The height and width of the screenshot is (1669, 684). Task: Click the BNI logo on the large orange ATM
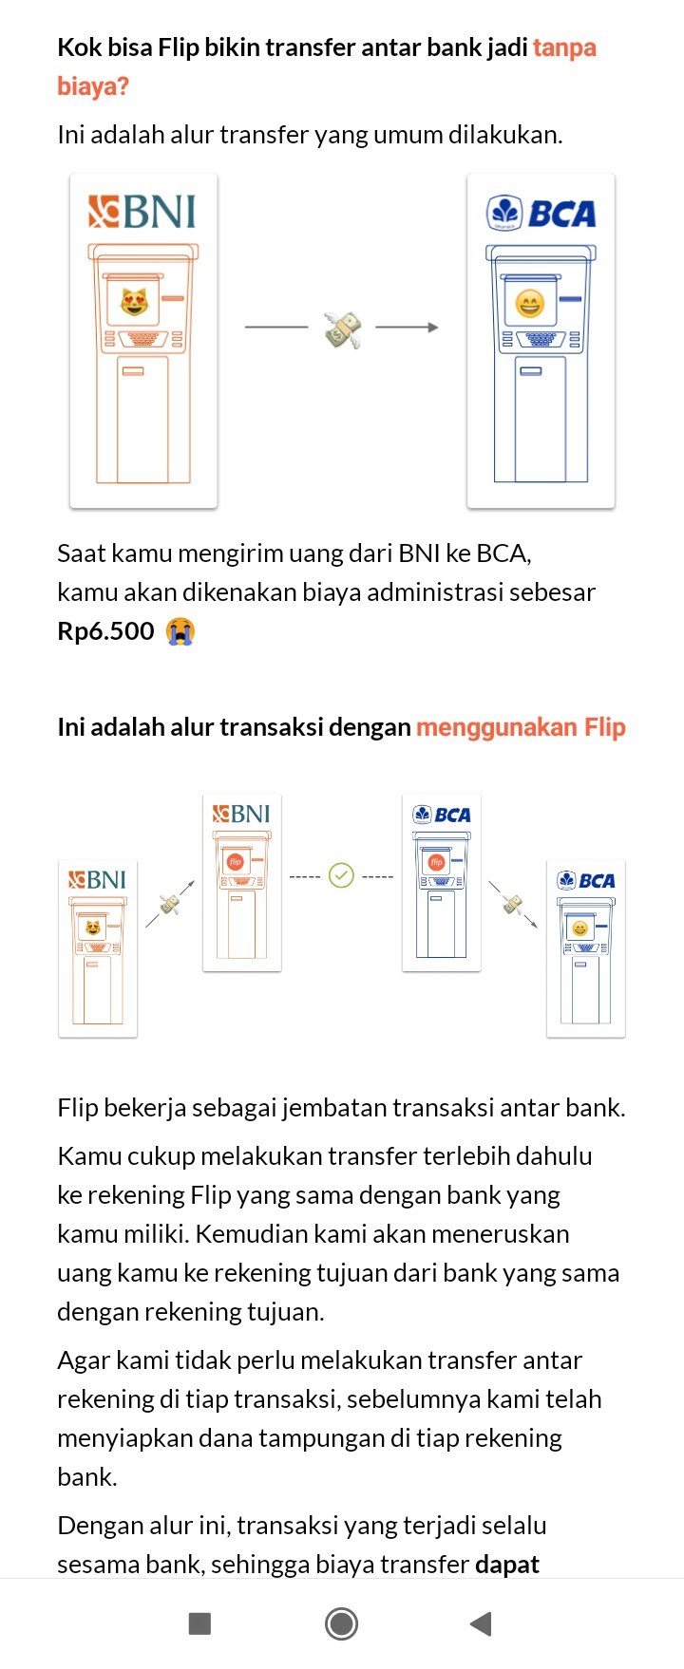142,212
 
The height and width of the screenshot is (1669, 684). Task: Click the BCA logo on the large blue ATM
541,213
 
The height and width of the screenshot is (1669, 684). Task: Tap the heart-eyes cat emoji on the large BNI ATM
135,302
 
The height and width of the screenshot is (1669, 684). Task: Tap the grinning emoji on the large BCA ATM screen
530,303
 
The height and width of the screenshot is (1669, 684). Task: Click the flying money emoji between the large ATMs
343,328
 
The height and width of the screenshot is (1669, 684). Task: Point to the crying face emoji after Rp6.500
180,631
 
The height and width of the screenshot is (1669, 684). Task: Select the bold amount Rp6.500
105,631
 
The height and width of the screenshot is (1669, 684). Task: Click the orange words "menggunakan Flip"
521,727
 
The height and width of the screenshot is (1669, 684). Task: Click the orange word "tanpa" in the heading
564,47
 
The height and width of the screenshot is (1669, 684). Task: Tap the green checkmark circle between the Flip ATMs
341,875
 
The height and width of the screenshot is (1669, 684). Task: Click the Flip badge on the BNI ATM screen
235,862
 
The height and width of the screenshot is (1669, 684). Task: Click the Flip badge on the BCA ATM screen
436,862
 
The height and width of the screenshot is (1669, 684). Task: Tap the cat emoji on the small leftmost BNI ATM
93,928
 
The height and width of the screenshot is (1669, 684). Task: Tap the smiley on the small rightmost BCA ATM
579,928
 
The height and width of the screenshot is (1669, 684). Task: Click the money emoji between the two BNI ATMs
170,904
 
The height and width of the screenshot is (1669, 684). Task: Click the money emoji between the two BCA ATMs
512,904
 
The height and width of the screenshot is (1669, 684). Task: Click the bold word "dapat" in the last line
507,1565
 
